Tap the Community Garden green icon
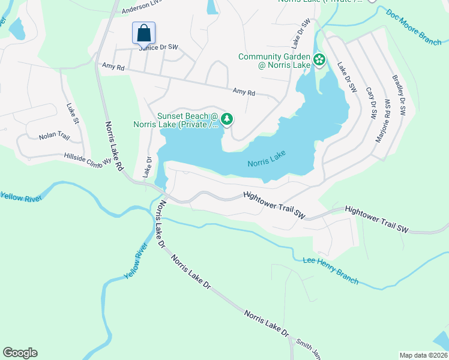click(320, 59)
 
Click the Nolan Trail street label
click(55, 137)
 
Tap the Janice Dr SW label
click(159, 47)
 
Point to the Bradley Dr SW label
click(399, 95)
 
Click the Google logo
click(20, 353)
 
